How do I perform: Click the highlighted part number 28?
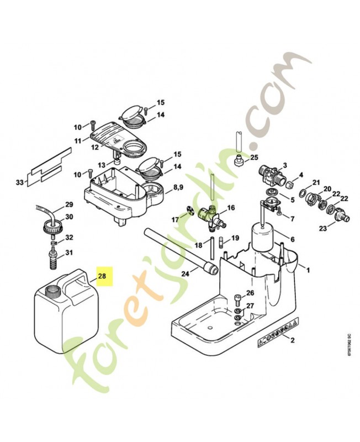[x=104, y=275]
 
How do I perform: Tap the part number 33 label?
[x=20, y=182]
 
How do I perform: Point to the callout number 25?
[x=254, y=157]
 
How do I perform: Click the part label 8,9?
[x=178, y=188]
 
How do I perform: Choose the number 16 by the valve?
[x=231, y=208]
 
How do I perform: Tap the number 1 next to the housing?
[x=308, y=270]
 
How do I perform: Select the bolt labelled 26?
[x=237, y=301]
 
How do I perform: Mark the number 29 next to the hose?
[x=69, y=204]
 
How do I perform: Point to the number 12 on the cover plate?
[x=94, y=147]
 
